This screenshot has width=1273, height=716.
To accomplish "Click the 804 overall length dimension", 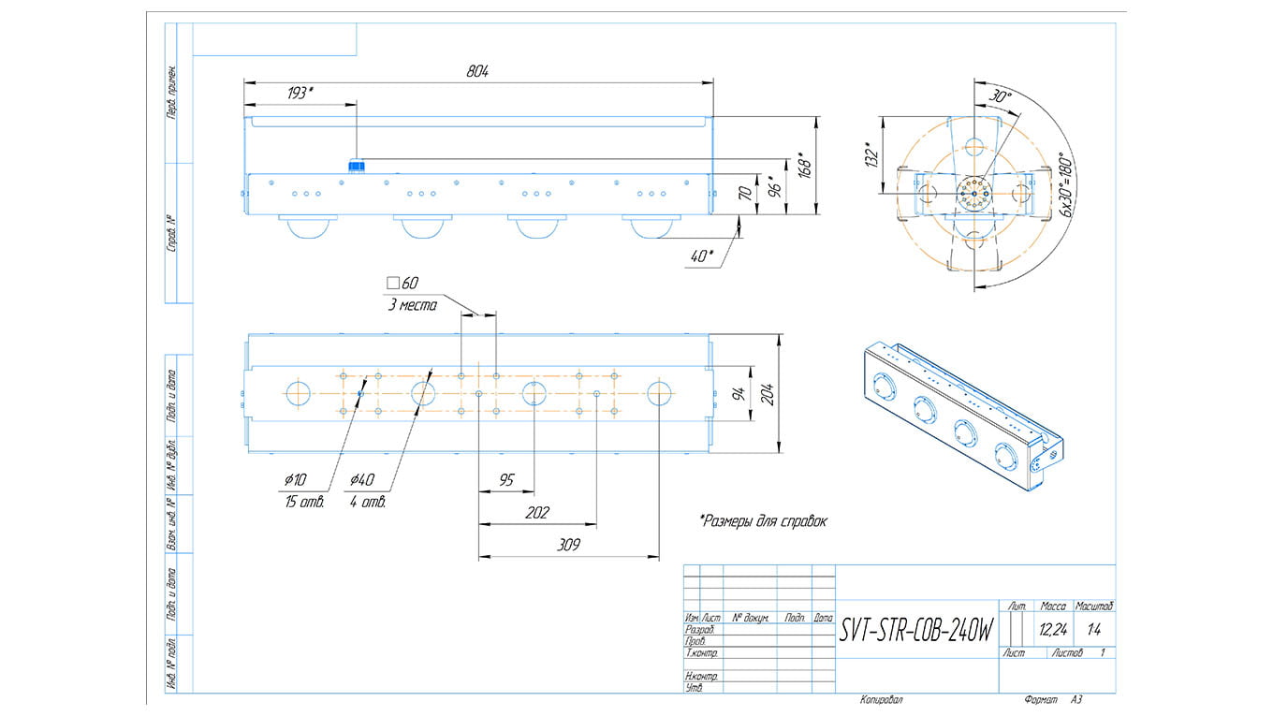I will pos(477,71).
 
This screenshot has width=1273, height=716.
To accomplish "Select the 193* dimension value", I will pos(300,93).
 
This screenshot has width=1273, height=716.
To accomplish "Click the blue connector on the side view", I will pos(356,167).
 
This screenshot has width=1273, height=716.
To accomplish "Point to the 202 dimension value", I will pos(537,513).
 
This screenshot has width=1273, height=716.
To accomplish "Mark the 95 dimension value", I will pos(505,480).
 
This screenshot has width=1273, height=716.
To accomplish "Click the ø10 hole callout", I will pos(295,480).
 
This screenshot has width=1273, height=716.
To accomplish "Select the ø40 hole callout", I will pos(362,480).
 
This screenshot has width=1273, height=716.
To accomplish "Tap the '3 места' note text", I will pos(412,305).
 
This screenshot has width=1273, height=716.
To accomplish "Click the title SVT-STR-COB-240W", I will pos(915,631).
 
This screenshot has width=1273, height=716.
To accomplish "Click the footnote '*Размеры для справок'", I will pos(763,520).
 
